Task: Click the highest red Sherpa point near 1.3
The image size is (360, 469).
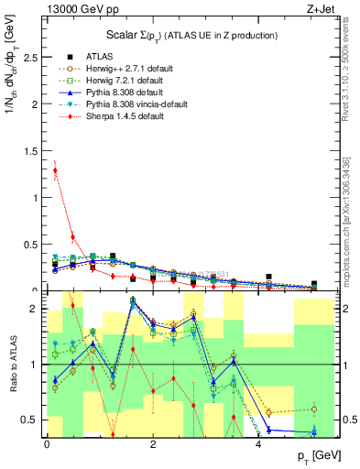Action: click(x=55, y=170)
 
